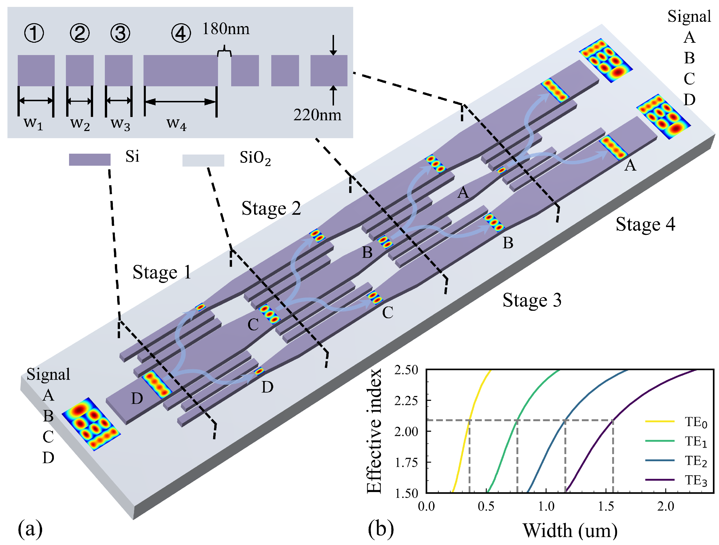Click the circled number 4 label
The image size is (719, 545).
point(181,34)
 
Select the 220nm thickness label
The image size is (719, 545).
point(317,115)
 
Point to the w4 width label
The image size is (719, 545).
point(176,123)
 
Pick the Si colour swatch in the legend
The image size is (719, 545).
point(89,159)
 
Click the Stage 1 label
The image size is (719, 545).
point(162,272)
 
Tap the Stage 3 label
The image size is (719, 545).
point(532,300)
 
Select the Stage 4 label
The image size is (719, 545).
point(645,224)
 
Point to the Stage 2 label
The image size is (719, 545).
point(271,208)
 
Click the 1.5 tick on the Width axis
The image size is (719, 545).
point(606,507)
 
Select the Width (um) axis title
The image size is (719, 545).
point(570,530)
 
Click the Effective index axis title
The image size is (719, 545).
point(374,431)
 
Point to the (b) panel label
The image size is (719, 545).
point(381,528)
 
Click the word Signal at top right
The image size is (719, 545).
point(689,16)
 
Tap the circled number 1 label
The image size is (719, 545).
point(34,33)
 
